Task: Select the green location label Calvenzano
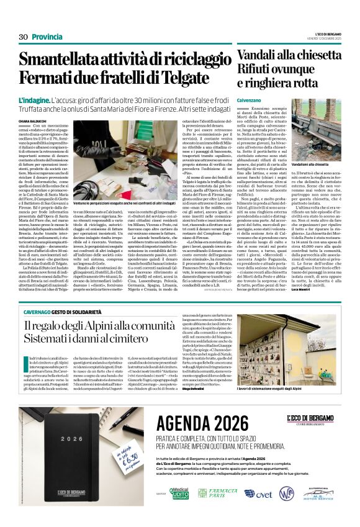[248, 100]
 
